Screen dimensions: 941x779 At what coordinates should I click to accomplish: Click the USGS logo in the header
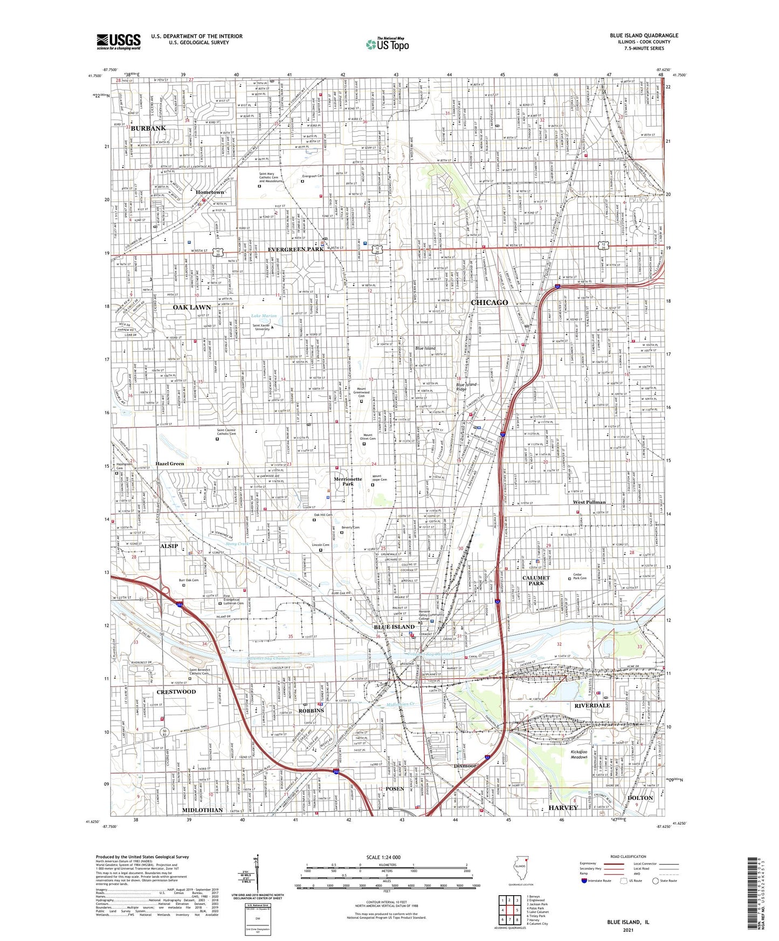119,41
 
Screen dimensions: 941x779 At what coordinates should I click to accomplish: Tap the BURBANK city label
148,128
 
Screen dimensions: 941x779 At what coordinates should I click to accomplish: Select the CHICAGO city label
490,302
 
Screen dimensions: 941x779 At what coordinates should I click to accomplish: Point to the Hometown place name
210,192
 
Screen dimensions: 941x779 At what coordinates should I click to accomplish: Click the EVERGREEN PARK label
296,249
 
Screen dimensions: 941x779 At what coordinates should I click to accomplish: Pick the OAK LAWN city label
192,307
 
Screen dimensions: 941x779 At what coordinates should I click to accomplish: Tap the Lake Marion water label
264,316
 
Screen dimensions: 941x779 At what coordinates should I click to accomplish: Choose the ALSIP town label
169,546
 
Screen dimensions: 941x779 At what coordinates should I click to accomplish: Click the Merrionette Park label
348,481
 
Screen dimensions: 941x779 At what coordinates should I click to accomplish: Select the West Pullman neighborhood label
589,502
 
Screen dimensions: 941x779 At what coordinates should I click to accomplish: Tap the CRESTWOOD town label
176,691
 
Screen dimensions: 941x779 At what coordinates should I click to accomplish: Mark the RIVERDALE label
592,705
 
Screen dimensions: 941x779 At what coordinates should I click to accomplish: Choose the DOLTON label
640,798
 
